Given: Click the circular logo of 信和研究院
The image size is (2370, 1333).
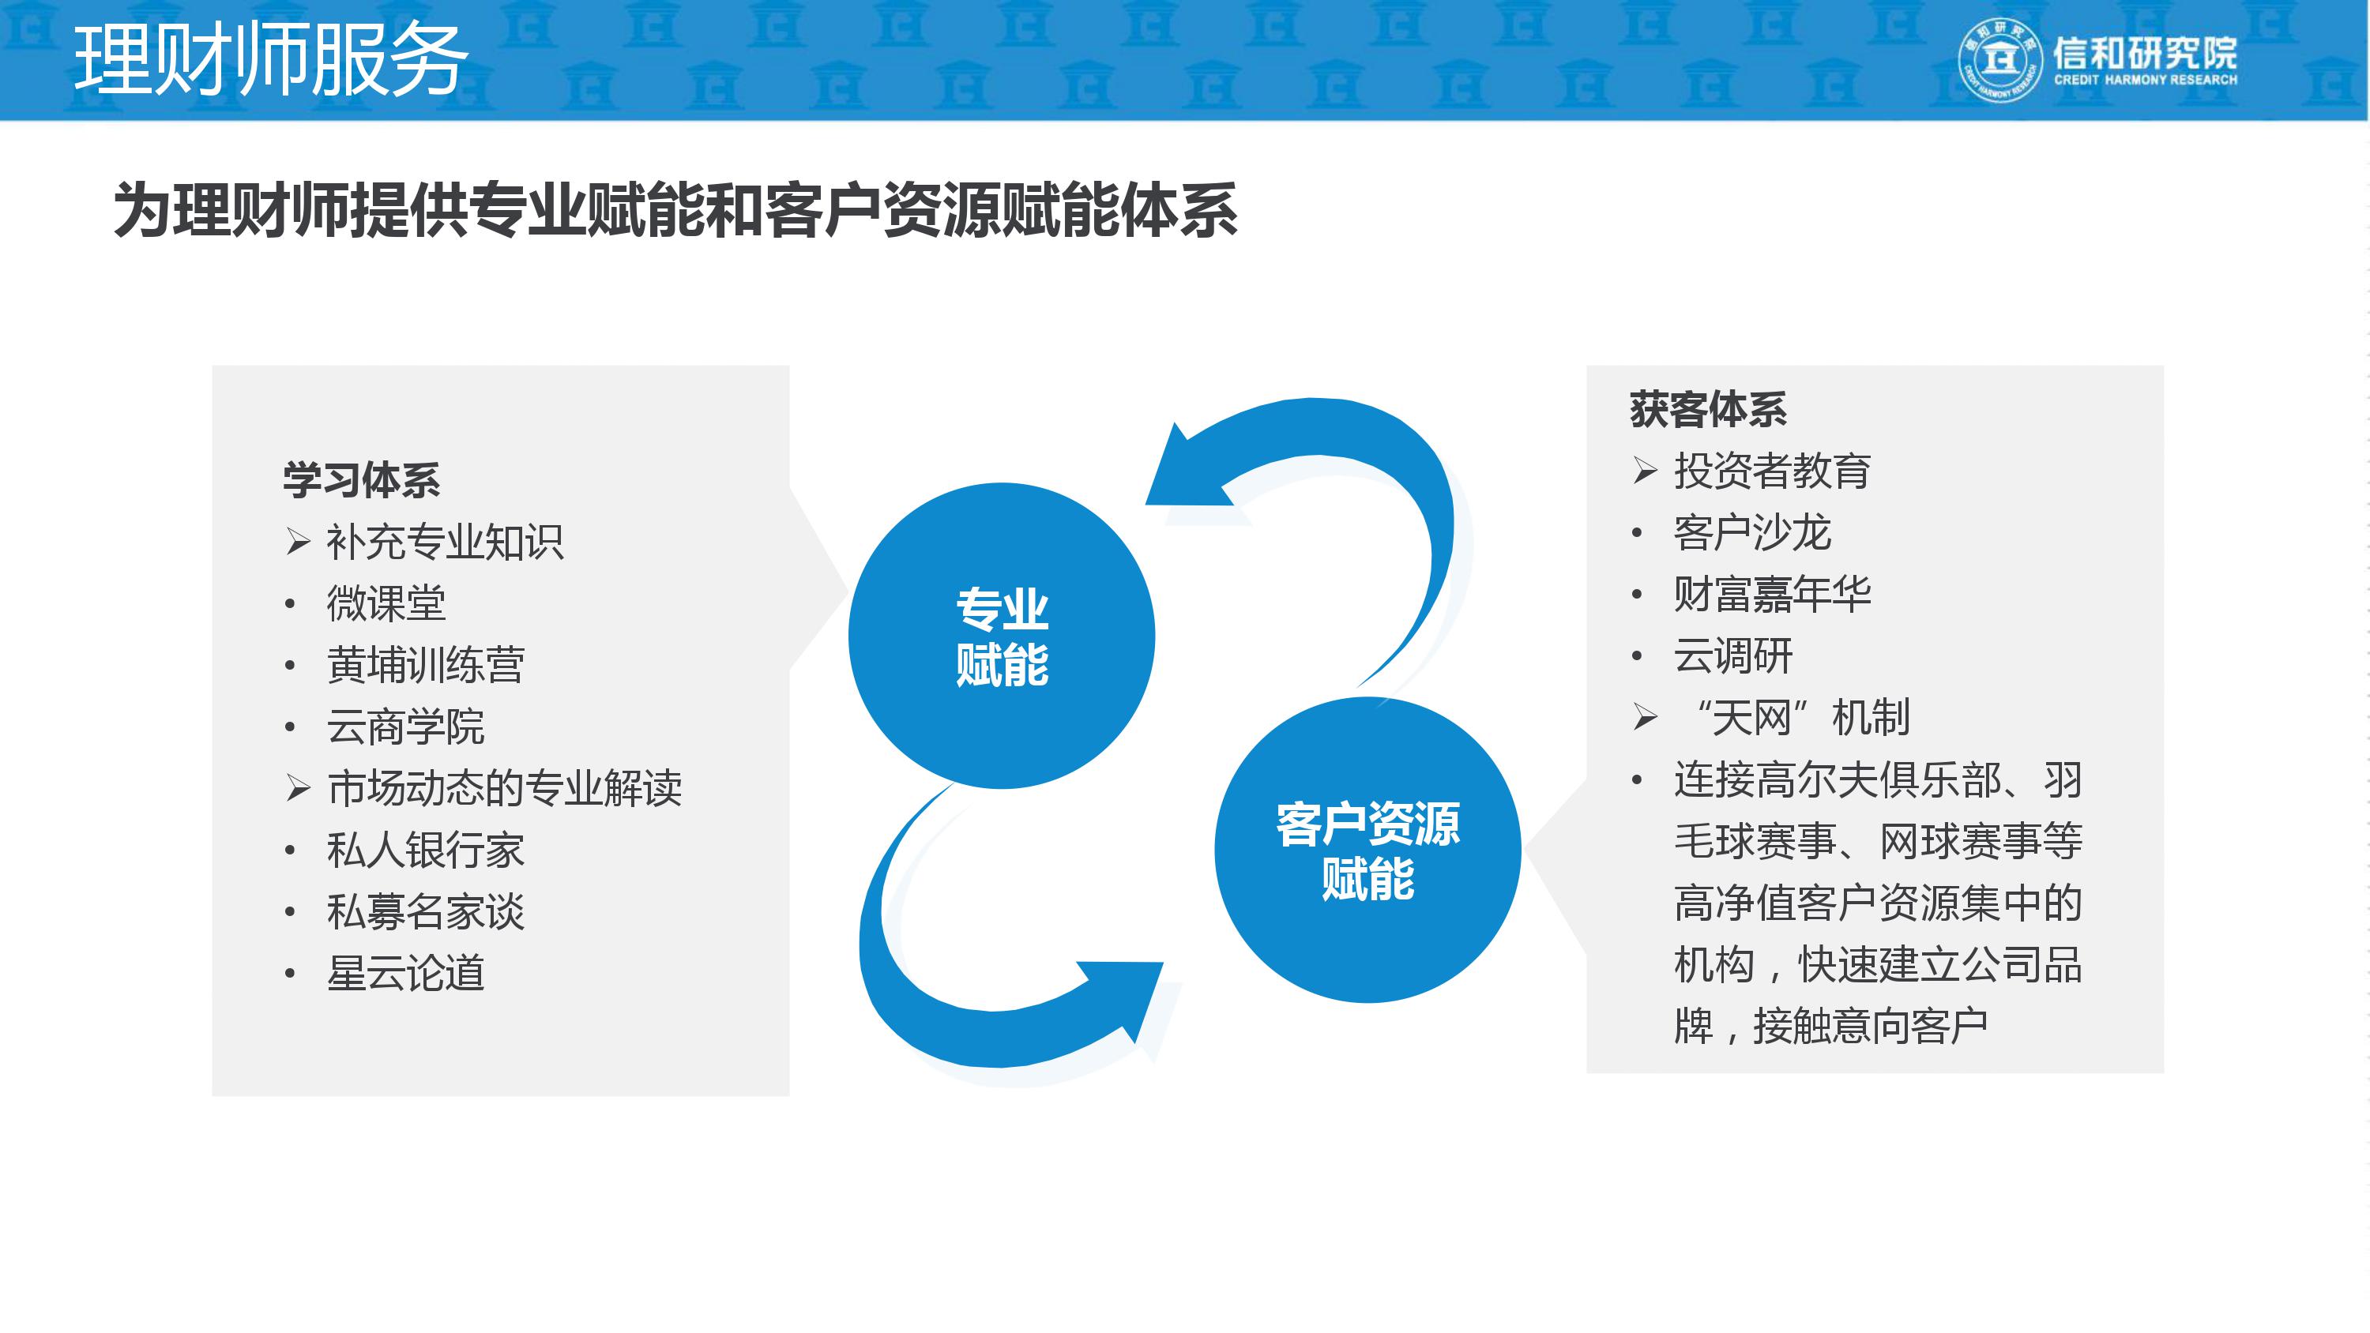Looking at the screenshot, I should click(x=2000, y=60).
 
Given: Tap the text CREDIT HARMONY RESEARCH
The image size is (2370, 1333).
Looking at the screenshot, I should click(x=2146, y=80).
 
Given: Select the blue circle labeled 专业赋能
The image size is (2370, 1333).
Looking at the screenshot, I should click(x=1001, y=636).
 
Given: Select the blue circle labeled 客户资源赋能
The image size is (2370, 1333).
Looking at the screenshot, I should click(x=1367, y=849).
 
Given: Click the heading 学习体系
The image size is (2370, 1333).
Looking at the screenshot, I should click(x=362, y=480).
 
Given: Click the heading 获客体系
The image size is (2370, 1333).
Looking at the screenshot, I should click(x=1707, y=409).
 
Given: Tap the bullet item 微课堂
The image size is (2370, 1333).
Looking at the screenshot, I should click(x=386, y=603).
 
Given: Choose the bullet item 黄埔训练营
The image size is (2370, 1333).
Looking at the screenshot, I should click(x=425, y=665).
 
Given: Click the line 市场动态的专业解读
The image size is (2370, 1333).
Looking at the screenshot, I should click(x=504, y=788).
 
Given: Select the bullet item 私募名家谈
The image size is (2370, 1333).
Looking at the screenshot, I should click(x=425, y=911).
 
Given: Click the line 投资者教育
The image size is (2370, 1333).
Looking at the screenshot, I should click(x=1771, y=471).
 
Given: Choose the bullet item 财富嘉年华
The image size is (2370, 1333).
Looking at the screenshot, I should click(x=1771, y=595).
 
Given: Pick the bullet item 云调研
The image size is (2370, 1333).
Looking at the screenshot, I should click(x=1732, y=656).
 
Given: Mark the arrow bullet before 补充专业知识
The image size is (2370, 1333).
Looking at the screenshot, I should click(x=298, y=541).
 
